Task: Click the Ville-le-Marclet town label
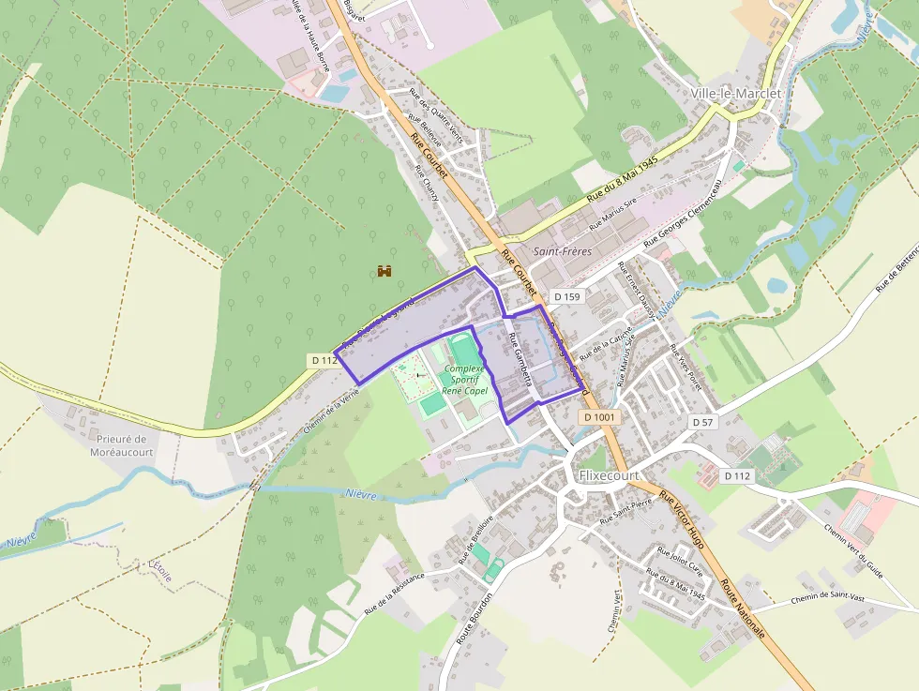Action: (x=735, y=94)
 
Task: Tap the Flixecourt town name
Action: (x=609, y=475)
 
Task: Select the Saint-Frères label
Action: (x=562, y=252)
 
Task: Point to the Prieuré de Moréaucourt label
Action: (x=122, y=445)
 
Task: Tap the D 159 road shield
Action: (x=567, y=296)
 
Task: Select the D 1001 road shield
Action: (x=598, y=417)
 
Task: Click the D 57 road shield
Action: (x=702, y=423)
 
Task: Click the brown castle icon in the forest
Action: (x=384, y=271)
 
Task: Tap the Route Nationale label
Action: (x=743, y=609)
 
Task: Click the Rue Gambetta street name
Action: (x=520, y=359)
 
